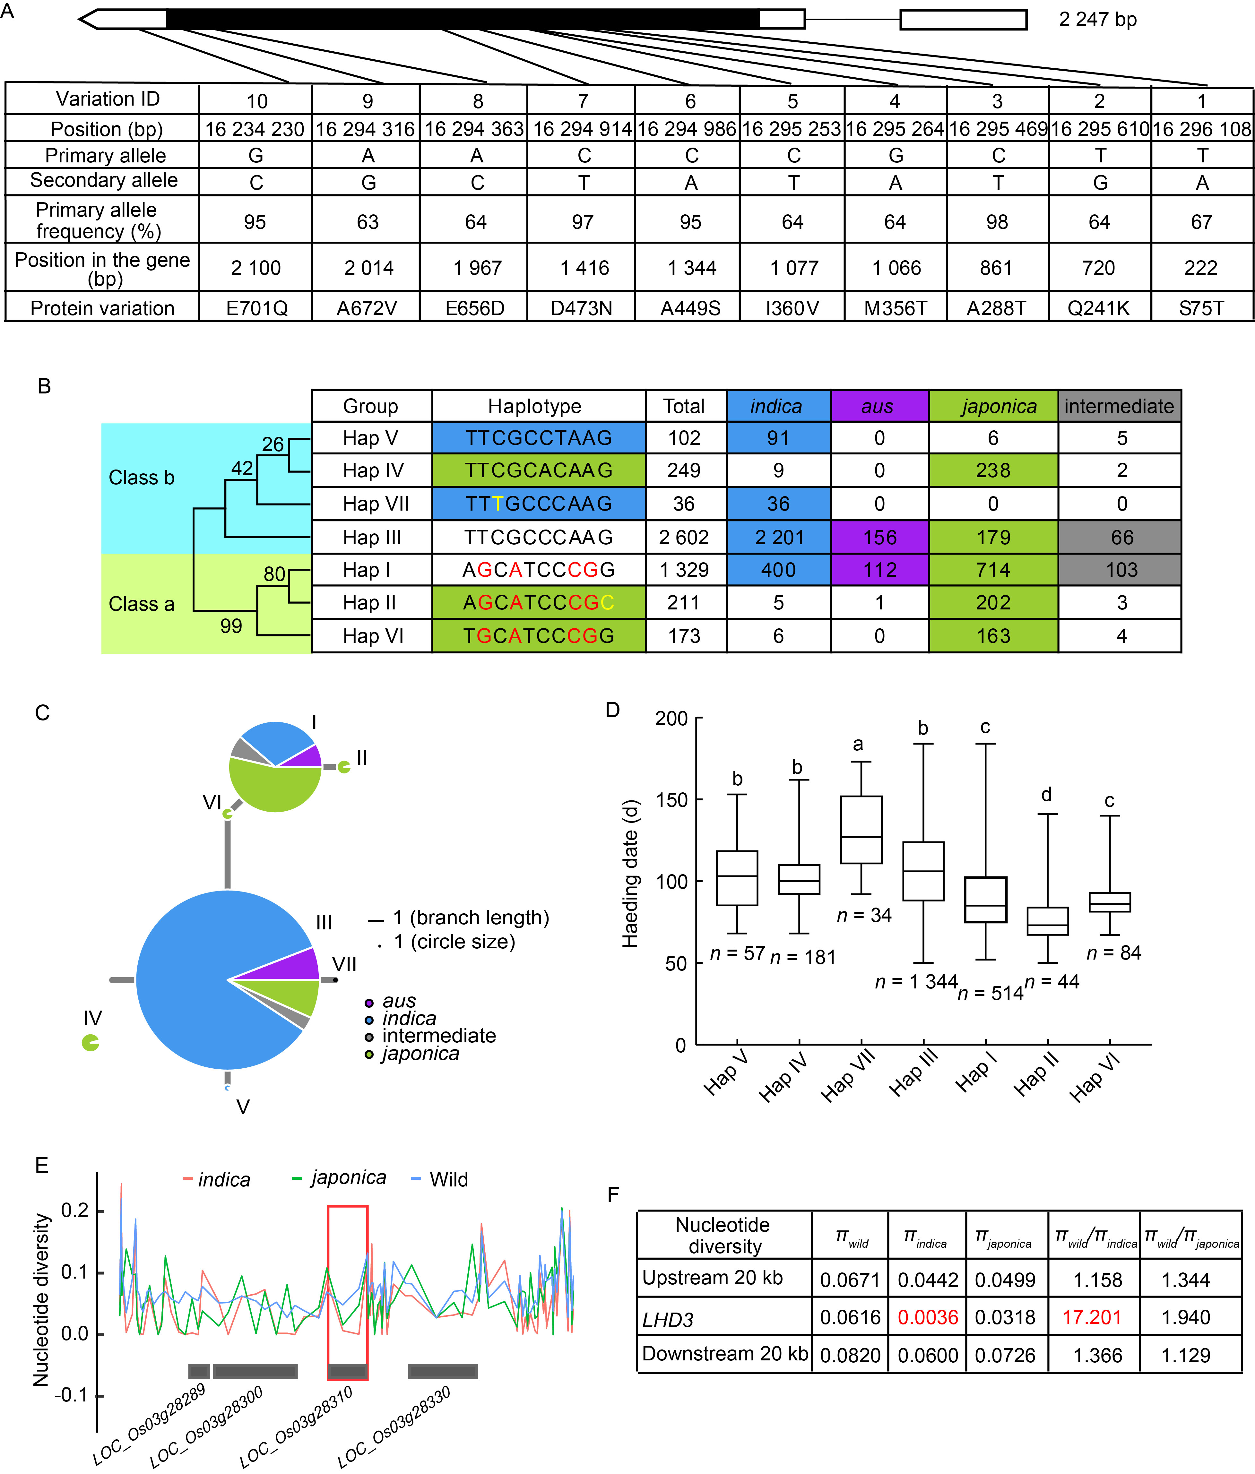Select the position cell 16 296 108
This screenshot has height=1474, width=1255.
(1202, 129)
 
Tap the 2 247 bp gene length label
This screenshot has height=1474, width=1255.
(1098, 19)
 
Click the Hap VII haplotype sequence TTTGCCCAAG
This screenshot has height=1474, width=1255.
(539, 504)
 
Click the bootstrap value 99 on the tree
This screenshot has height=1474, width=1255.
(231, 626)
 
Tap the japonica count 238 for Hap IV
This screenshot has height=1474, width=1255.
(993, 470)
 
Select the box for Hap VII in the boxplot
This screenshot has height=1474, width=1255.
(861, 830)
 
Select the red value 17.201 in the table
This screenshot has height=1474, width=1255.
(1092, 1317)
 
